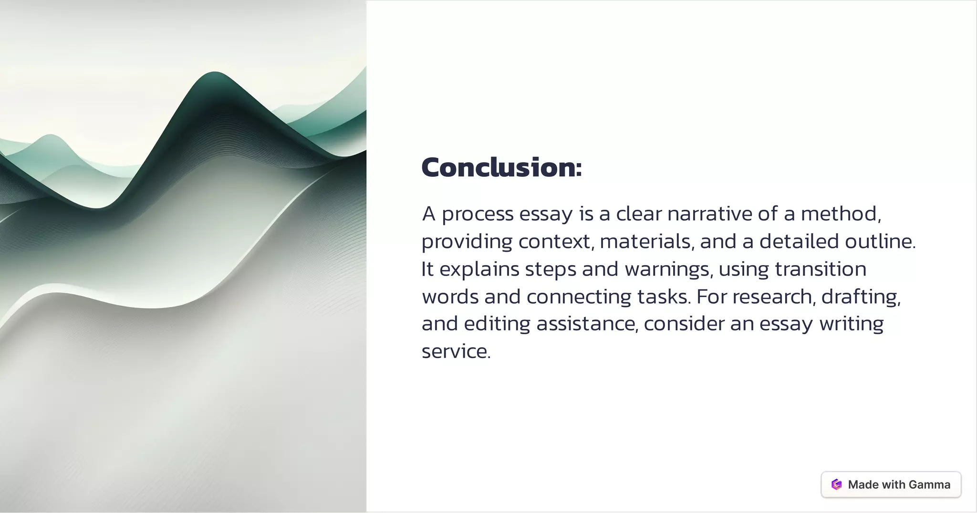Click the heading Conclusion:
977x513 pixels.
501,167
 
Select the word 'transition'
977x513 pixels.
821,269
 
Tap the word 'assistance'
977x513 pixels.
586,324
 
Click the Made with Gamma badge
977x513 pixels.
891,484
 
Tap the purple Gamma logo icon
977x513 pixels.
836,484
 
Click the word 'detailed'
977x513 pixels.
799,241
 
